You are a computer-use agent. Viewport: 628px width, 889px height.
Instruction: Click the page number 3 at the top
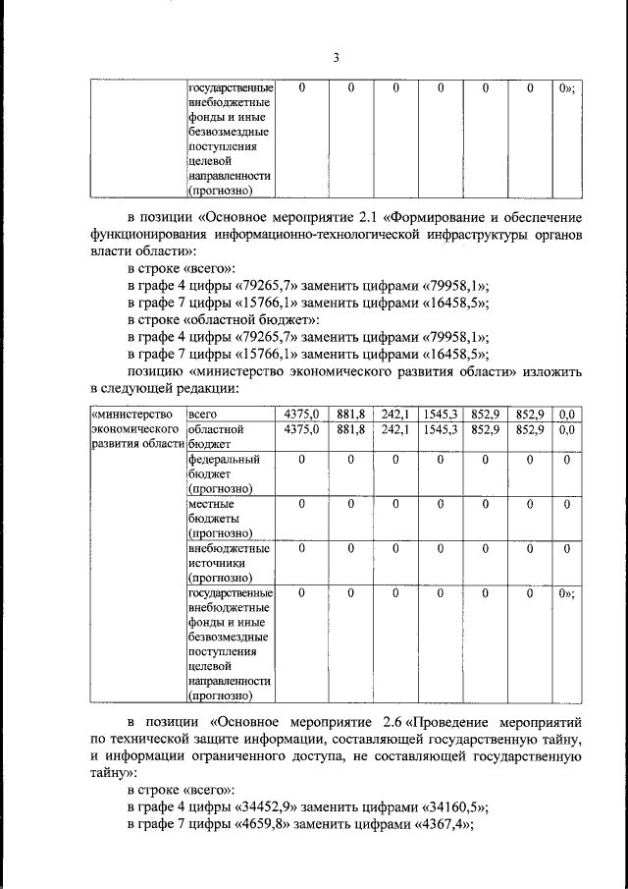coord(335,57)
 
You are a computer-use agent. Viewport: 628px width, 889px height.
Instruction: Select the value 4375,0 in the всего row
coord(301,414)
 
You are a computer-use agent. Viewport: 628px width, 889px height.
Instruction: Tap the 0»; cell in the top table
coord(565,88)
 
